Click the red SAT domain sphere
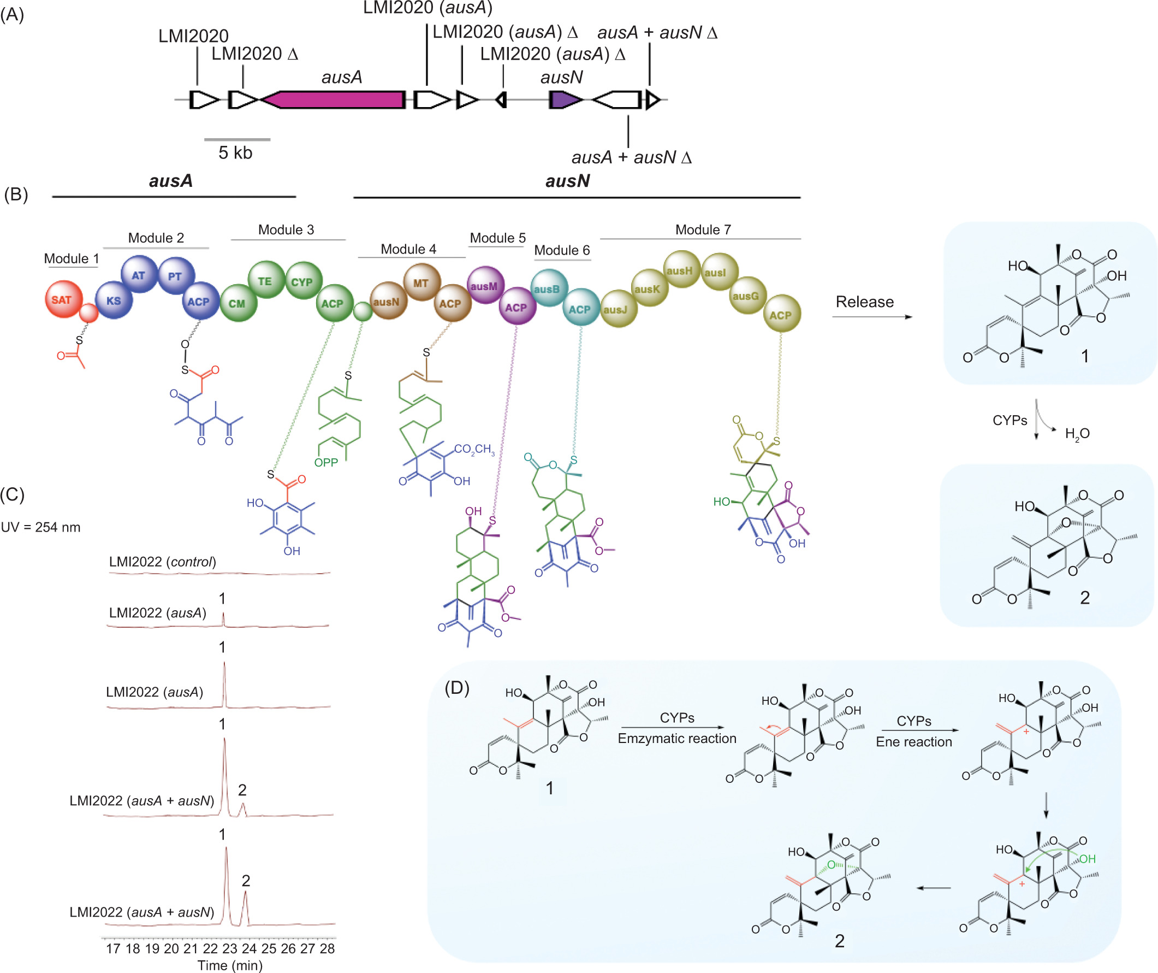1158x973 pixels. (x=63, y=300)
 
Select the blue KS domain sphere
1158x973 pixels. (x=114, y=301)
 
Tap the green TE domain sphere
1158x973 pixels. (x=266, y=280)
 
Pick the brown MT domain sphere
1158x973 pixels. (x=421, y=282)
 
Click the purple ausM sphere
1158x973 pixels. (x=485, y=286)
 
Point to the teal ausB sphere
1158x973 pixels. (x=548, y=288)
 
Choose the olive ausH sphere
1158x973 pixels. (x=680, y=270)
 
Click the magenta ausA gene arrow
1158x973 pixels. (x=334, y=100)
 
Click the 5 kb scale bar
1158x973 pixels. (x=237, y=140)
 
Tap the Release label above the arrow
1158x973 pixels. (x=864, y=302)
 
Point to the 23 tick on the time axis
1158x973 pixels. (x=229, y=948)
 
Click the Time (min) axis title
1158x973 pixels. (x=229, y=965)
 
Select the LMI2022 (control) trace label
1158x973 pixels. (x=162, y=562)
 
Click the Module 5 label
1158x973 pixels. (x=497, y=238)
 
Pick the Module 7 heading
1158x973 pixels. (x=703, y=229)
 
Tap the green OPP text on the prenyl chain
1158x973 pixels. (x=326, y=463)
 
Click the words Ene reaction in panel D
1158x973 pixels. (x=914, y=742)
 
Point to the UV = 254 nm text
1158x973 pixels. (x=41, y=527)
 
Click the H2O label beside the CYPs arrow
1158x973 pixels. (x=1077, y=434)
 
